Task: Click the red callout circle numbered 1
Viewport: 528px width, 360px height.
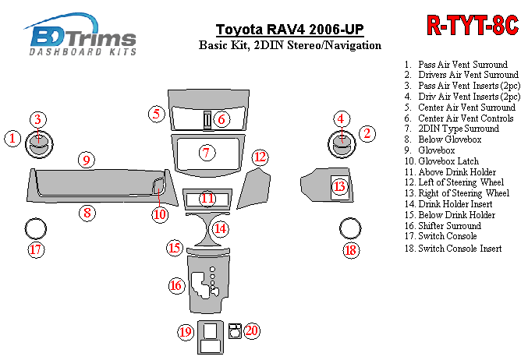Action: coord(12,139)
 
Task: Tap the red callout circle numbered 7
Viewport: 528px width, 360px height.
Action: coord(206,153)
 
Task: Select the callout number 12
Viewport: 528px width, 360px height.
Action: coord(260,157)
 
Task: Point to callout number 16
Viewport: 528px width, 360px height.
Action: coord(175,286)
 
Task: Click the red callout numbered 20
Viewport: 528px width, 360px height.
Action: coord(251,330)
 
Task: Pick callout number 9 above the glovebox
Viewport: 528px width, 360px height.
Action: coord(87,160)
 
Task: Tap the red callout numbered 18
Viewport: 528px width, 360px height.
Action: coord(350,249)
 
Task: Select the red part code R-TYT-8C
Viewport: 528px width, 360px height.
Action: coord(472,24)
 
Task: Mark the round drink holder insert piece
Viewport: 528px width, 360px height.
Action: coord(207,228)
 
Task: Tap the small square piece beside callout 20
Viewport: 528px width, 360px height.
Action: coord(235,330)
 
